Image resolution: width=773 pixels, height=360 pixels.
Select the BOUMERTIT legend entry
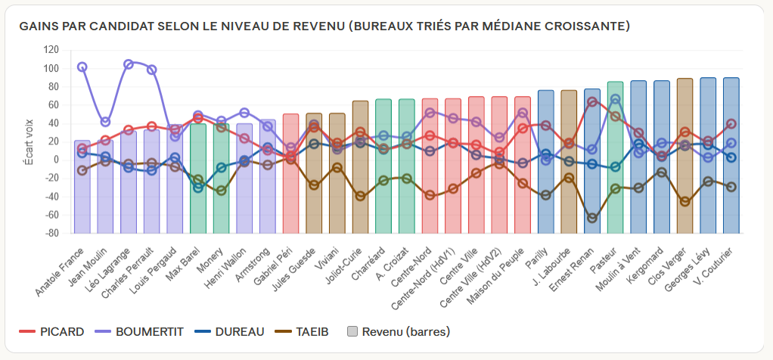(x=140, y=331)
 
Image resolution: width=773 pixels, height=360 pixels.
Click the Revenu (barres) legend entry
(x=397, y=331)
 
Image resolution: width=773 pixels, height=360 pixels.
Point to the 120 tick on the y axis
(x=51, y=50)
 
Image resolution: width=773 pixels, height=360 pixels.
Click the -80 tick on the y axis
(x=51, y=234)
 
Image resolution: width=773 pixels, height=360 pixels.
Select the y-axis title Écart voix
(x=29, y=141)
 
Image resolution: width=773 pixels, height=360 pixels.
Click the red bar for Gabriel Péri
(x=290, y=197)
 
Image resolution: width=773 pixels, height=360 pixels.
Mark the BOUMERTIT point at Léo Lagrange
(x=129, y=64)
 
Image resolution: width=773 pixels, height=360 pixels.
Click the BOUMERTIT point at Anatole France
(x=82, y=67)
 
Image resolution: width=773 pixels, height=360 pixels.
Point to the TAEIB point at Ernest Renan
(x=592, y=218)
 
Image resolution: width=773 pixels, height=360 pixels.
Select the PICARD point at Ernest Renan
(x=592, y=101)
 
